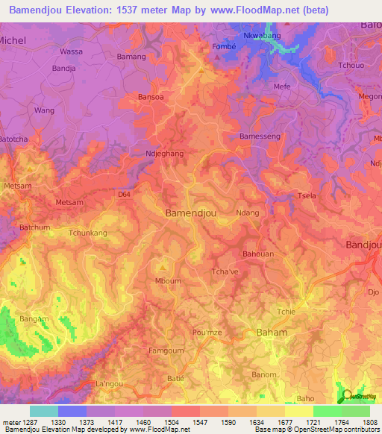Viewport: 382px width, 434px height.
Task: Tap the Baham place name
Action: click(x=272, y=332)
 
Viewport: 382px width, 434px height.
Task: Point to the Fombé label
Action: click(x=225, y=44)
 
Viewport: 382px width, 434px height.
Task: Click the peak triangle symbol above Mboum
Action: click(x=163, y=266)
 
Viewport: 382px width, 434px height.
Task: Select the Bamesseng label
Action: click(x=260, y=136)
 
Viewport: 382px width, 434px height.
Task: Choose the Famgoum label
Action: click(x=166, y=350)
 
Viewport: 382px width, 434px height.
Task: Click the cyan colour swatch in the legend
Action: click(x=43, y=411)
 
